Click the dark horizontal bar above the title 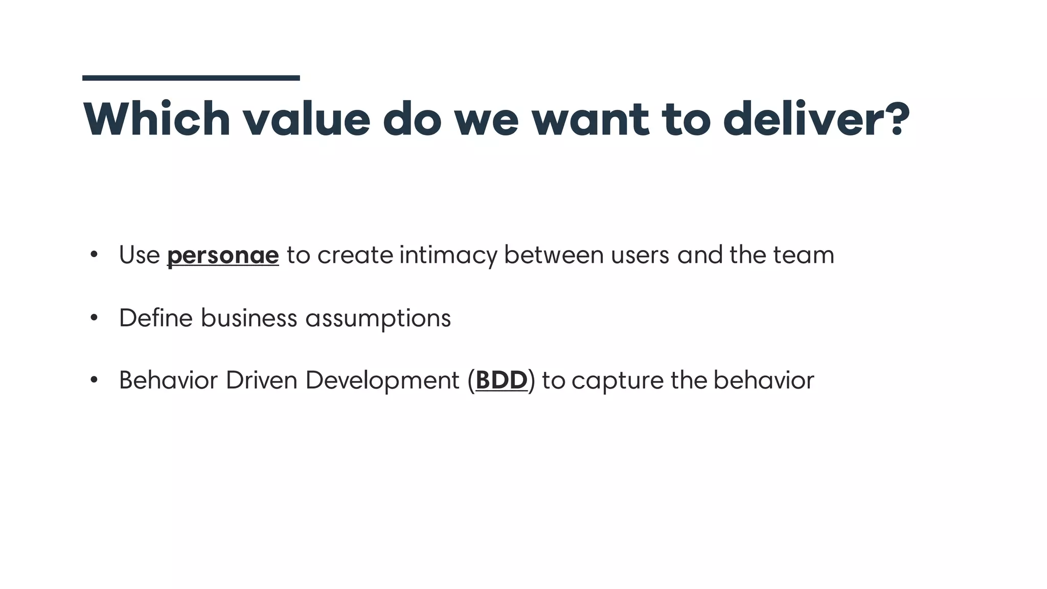point(191,78)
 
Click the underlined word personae point(223,255)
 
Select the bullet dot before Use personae point(94,255)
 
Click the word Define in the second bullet point(155,318)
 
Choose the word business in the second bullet point(248,318)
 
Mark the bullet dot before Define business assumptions point(94,318)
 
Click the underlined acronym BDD point(501,380)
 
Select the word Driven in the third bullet point(261,380)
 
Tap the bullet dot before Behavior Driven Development point(94,380)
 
